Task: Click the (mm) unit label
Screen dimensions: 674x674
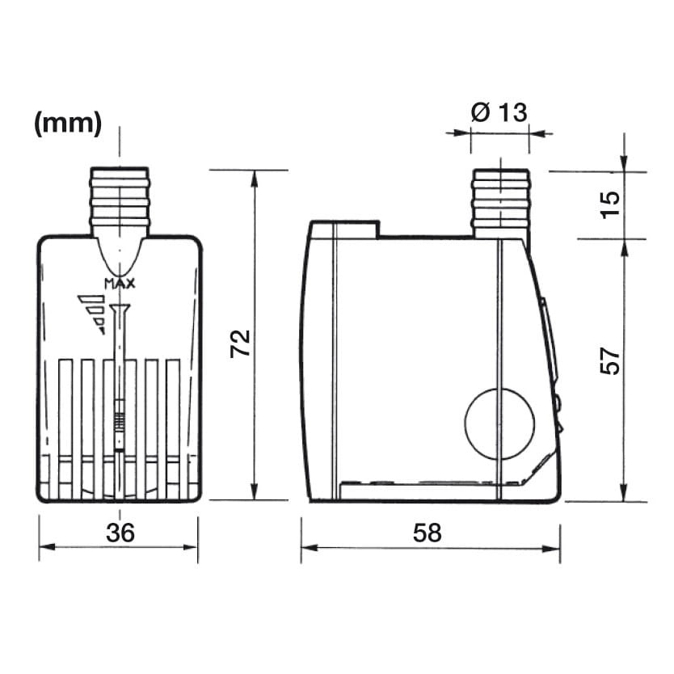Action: (x=68, y=124)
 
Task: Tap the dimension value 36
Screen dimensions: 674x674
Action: (x=120, y=533)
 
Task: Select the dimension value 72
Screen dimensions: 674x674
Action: (x=240, y=343)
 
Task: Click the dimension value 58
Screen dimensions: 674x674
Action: (x=427, y=533)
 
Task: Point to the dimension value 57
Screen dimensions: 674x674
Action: (x=610, y=360)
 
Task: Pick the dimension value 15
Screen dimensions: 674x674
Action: (x=610, y=205)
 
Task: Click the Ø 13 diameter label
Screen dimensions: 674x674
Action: (x=499, y=112)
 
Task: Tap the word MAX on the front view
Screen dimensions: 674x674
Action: (x=120, y=284)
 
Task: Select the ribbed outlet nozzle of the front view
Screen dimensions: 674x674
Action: (x=120, y=201)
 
